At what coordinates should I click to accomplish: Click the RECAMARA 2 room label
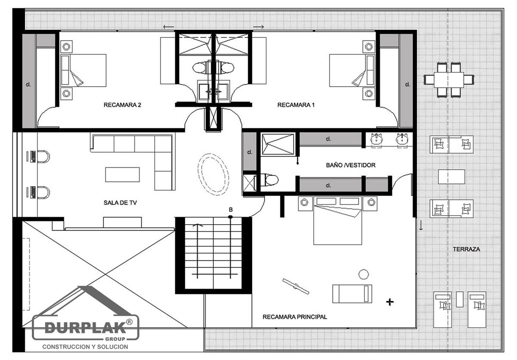pyautogui.click(x=122, y=105)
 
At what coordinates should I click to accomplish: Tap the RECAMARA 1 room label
pyautogui.click(x=296, y=105)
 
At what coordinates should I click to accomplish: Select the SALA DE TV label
pyautogui.click(x=120, y=203)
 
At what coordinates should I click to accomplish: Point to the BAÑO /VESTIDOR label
pyautogui.click(x=351, y=165)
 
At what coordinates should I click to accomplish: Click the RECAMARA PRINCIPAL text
pyautogui.click(x=295, y=317)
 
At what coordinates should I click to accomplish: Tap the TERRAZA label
pyautogui.click(x=466, y=249)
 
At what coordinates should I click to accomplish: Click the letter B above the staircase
pyautogui.click(x=230, y=210)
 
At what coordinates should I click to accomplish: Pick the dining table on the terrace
pyautogui.click(x=448, y=80)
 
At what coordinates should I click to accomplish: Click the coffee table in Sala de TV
pyautogui.click(x=122, y=175)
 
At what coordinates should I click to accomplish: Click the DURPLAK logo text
pyautogui.click(x=85, y=327)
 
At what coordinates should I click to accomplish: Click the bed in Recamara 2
pyautogui.click(x=83, y=70)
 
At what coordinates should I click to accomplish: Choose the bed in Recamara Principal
pyautogui.click(x=337, y=220)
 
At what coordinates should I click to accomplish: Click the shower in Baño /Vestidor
pyautogui.click(x=278, y=144)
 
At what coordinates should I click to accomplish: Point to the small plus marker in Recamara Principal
pyautogui.click(x=390, y=302)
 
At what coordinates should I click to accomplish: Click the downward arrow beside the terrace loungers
pyautogui.click(x=421, y=225)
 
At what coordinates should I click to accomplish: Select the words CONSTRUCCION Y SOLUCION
pyautogui.click(x=85, y=347)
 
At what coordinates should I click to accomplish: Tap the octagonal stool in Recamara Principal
pyautogui.click(x=364, y=274)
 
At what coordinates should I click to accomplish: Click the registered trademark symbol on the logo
pyautogui.click(x=130, y=322)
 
